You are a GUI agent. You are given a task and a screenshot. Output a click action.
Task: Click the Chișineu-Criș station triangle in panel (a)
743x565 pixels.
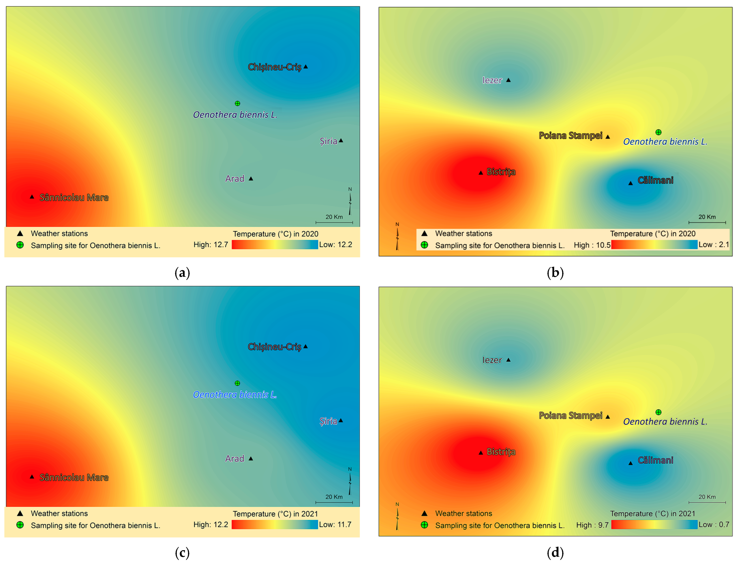(305, 67)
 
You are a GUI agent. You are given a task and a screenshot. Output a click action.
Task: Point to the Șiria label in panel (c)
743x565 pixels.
(328, 421)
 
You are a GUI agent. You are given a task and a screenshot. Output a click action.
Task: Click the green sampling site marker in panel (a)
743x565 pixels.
(237, 103)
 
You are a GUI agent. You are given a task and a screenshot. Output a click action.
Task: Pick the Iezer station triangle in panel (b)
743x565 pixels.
(508, 80)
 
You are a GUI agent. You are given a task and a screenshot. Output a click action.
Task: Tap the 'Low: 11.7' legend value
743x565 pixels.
(335, 524)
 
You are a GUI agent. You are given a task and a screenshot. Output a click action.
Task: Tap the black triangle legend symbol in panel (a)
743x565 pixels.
(20, 233)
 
